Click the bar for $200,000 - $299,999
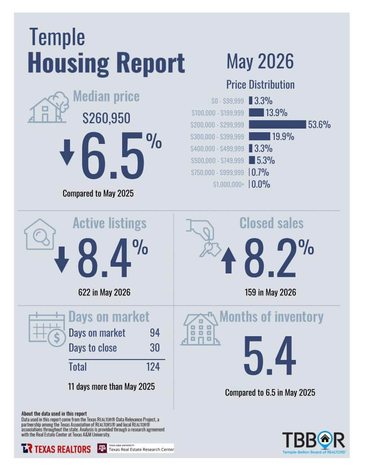[x=277, y=124]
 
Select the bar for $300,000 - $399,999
[x=259, y=136]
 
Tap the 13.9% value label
[x=276, y=113]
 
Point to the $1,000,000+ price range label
[x=229, y=184]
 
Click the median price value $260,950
[x=106, y=118]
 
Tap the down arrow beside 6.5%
[x=67, y=152]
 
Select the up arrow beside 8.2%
[x=229, y=260]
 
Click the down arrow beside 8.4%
[x=62, y=260]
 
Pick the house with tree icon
[x=48, y=107]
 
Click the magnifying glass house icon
[x=40, y=234]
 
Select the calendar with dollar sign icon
[x=47, y=329]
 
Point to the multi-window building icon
[x=200, y=329]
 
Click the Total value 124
[x=153, y=367]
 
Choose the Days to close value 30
[x=155, y=348]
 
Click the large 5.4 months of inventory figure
[x=269, y=355]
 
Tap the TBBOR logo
[x=314, y=442]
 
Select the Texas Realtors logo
[x=56, y=449]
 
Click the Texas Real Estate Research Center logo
[x=136, y=448]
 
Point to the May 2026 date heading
[x=260, y=61]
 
